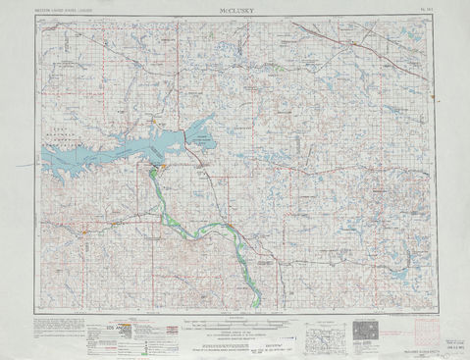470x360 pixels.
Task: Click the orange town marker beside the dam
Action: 163,168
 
